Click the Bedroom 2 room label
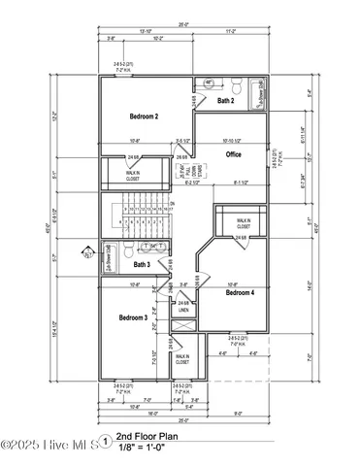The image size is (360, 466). point(144,116)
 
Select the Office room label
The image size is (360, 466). point(234,154)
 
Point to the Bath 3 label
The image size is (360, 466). point(142,264)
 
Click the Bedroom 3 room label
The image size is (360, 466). point(133,317)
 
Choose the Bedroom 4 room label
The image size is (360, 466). point(241,291)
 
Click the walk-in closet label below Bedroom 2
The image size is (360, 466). point(132,175)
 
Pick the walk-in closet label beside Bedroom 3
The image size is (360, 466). point(181,359)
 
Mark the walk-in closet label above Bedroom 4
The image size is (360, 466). point(243,224)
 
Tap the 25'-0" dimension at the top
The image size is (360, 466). point(182,25)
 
